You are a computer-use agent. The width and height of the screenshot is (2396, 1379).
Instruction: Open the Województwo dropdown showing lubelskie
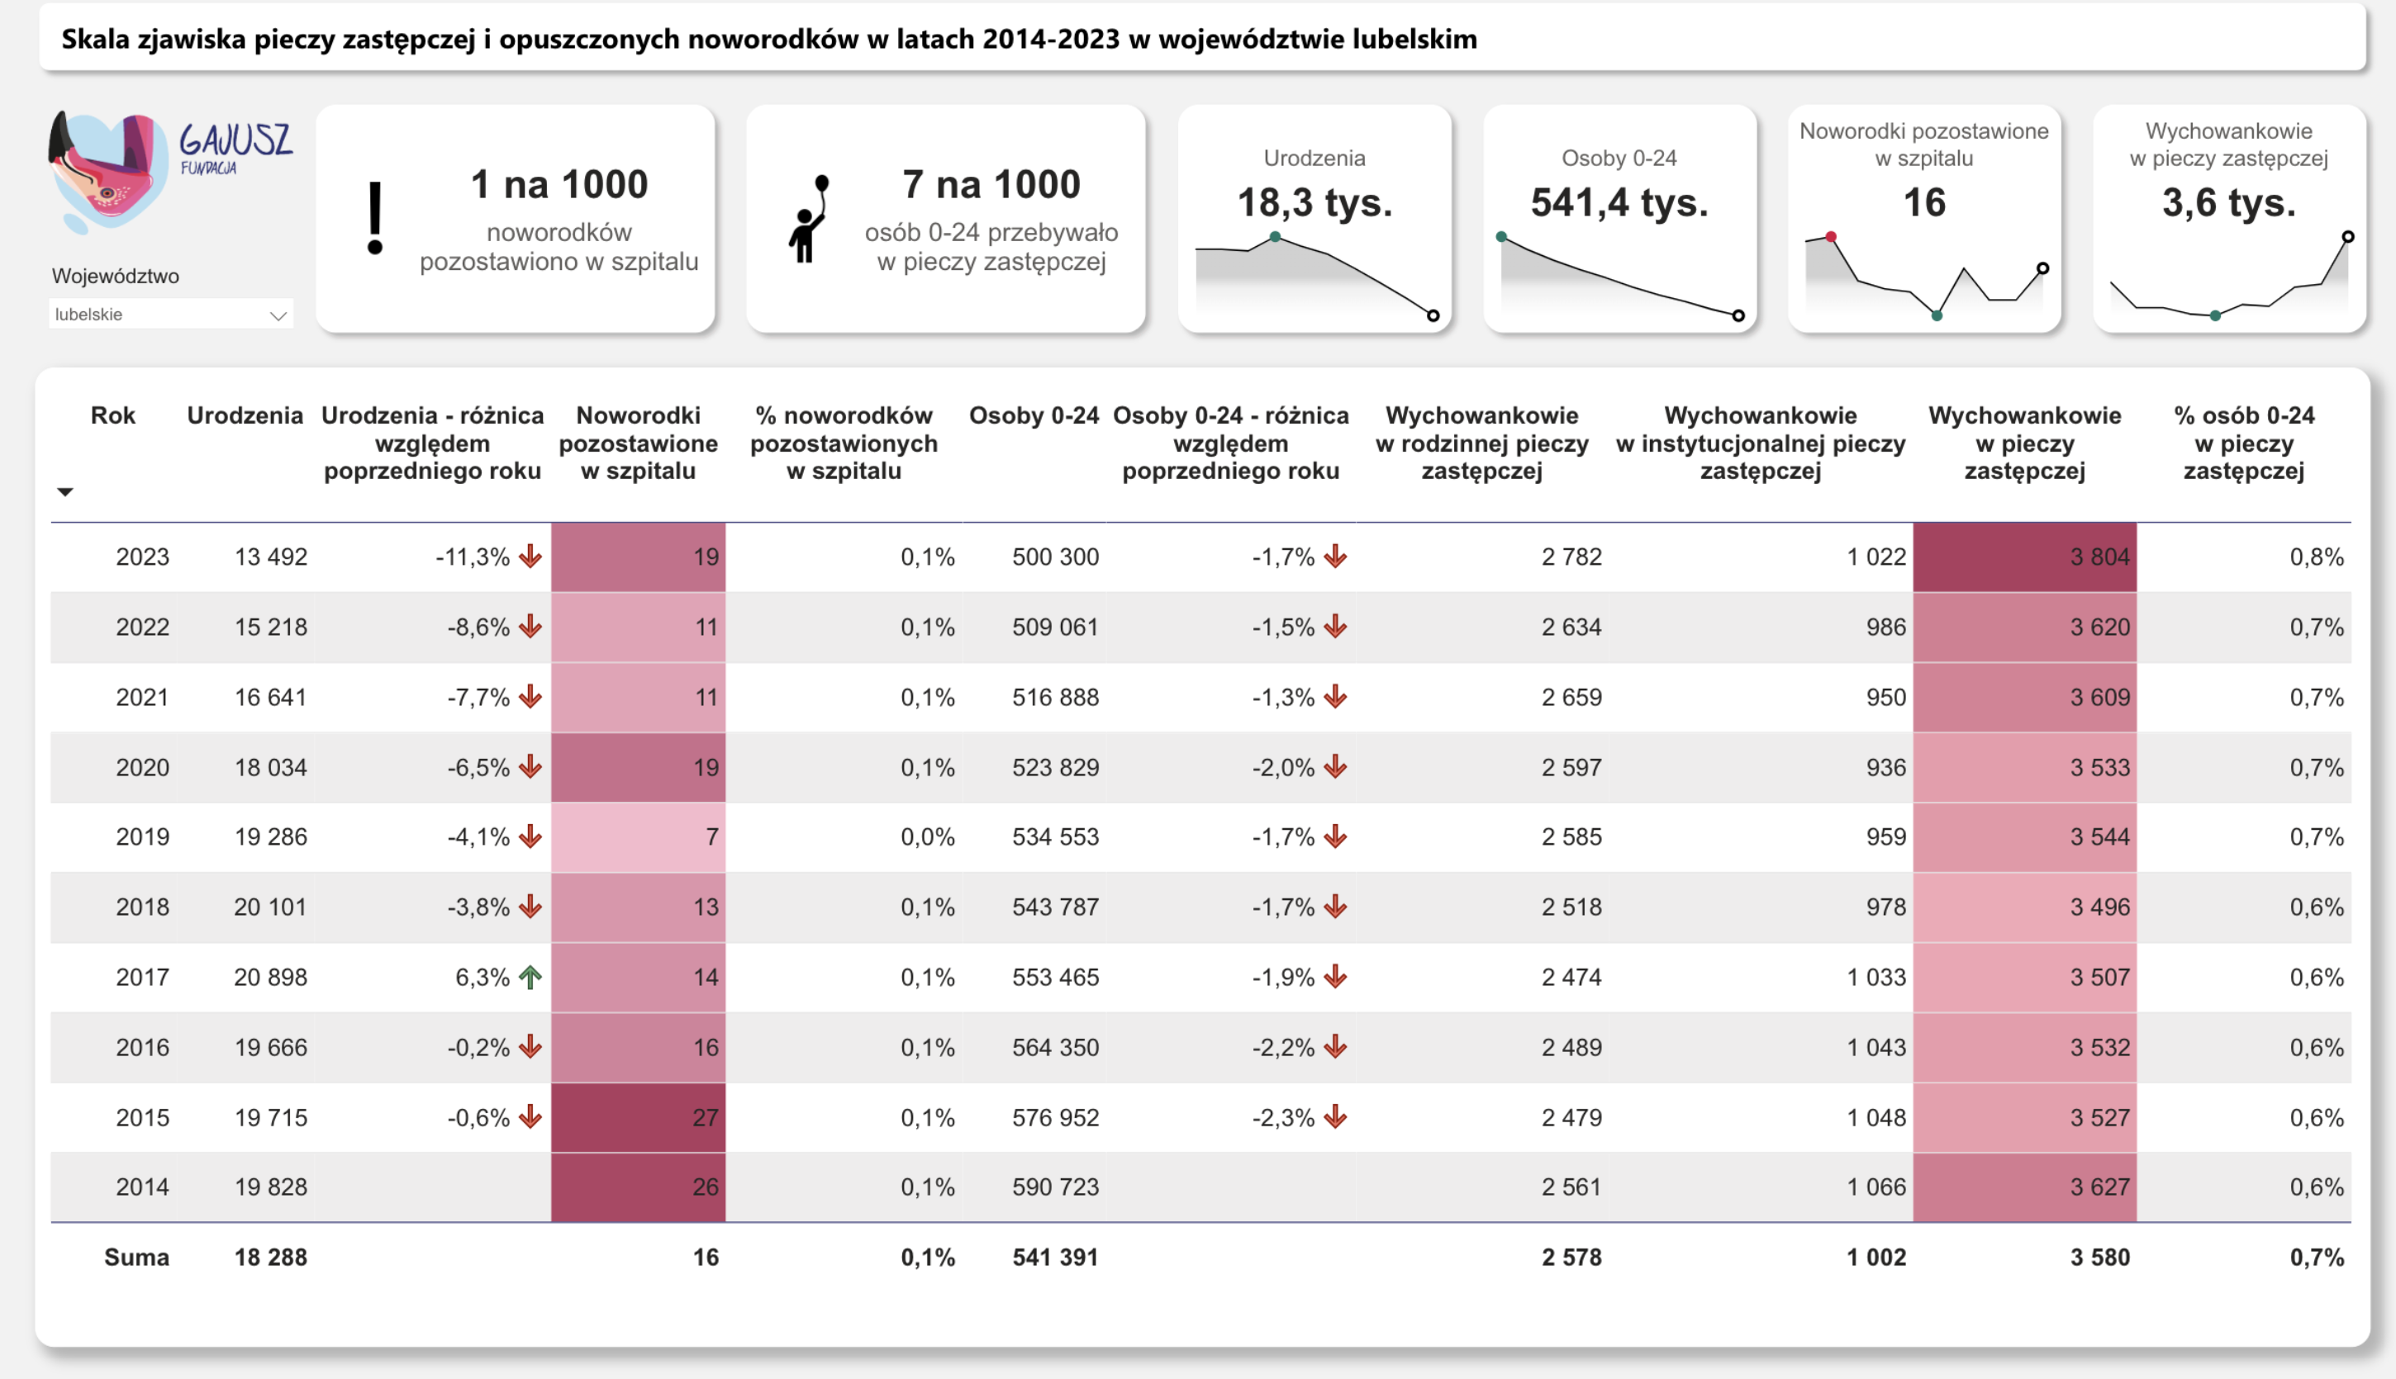[170, 315]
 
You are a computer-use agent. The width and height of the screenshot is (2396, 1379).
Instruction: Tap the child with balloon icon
[808, 220]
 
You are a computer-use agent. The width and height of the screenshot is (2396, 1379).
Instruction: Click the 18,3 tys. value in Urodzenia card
[1314, 202]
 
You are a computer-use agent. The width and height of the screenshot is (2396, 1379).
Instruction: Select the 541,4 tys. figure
[1619, 202]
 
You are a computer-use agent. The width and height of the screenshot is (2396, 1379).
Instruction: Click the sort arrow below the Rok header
[65, 491]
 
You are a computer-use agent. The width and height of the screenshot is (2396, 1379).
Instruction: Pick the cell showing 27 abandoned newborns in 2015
[639, 1117]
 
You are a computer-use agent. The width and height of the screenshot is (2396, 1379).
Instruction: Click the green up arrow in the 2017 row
[530, 977]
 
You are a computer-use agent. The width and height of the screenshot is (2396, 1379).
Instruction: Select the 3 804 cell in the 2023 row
[2024, 557]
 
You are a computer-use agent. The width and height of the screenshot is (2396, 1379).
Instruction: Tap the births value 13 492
[271, 557]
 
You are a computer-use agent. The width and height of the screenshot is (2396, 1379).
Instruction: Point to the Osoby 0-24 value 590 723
[1054, 1187]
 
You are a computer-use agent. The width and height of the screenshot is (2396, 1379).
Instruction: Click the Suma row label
[136, 1257]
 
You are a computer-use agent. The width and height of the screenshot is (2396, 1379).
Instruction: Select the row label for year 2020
[142, 767]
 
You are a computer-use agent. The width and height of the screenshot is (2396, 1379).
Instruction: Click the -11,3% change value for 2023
[473, 557]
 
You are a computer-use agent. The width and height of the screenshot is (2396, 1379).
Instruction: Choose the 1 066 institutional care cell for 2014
[1875, 1187]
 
